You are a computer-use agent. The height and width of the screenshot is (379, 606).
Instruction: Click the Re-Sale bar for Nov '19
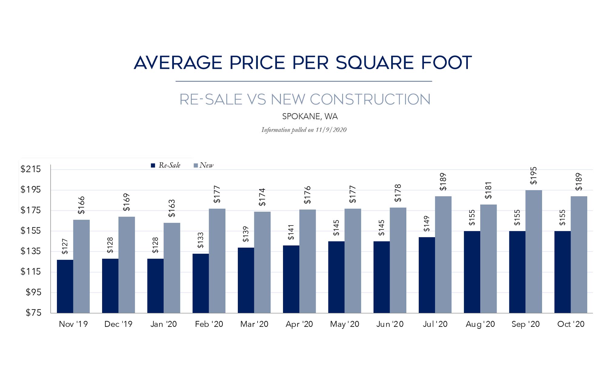point(65,286)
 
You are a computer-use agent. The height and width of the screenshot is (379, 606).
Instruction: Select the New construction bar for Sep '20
point(534,251)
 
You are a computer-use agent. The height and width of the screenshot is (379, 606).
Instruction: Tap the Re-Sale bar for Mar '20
point(246,280)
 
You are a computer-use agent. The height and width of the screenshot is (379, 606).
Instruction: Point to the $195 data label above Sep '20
point(534,176)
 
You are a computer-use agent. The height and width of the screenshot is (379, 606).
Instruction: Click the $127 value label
point(65,246)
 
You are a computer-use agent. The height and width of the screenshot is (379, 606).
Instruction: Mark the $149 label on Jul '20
point(427,223)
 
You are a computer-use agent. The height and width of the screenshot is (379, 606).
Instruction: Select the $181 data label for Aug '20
point(488,190)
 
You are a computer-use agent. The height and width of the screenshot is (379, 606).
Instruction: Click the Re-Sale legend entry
point(166,165)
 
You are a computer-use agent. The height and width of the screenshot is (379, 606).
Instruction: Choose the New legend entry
point(204,165)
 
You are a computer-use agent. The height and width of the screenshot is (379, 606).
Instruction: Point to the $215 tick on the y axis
point(31,169)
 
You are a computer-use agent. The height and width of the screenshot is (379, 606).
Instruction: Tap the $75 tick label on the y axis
point(33,313)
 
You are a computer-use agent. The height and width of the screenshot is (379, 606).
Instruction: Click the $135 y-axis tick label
point(31,251)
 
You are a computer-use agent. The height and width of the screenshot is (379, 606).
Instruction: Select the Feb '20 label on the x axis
point(209,324)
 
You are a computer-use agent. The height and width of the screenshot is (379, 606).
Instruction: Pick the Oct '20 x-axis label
point(571,324)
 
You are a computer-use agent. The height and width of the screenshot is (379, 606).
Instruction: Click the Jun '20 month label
point(390,324)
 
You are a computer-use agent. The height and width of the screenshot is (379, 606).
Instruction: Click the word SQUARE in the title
point(375,63)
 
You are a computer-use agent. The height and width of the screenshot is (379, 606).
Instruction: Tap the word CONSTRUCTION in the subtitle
point(370,99)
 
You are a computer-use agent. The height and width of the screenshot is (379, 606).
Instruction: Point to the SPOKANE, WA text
point(310,116)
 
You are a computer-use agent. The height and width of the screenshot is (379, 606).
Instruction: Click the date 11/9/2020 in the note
point(331,130)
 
